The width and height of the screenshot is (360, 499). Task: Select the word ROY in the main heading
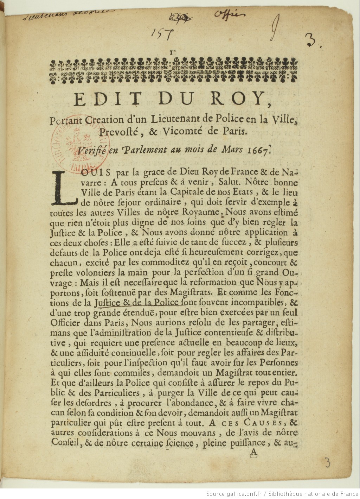tap(239, 99)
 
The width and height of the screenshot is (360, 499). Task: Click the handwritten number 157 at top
tap(162, 34)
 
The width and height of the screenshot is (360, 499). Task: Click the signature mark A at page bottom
tap(253, 453)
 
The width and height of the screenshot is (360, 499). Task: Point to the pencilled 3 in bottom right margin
tap(327, 462)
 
